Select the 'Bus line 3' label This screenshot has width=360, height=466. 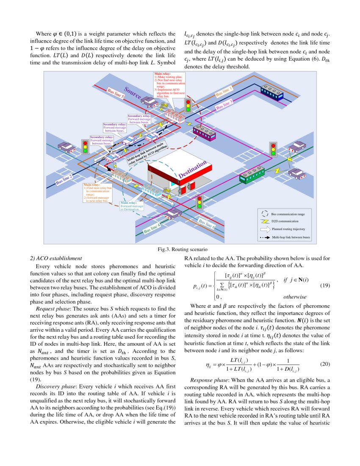tap(224, 105)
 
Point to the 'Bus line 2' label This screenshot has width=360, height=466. tap(64, 180)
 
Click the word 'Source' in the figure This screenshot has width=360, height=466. tap(133, 94)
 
